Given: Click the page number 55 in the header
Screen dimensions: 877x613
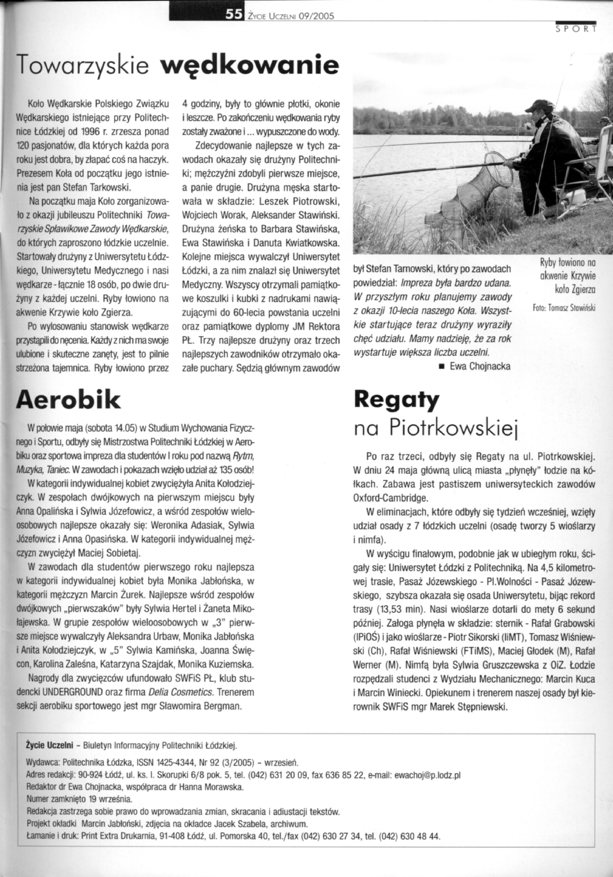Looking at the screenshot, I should click(234, 15).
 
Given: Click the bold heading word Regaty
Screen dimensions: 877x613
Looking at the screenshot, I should click(397, 400).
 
